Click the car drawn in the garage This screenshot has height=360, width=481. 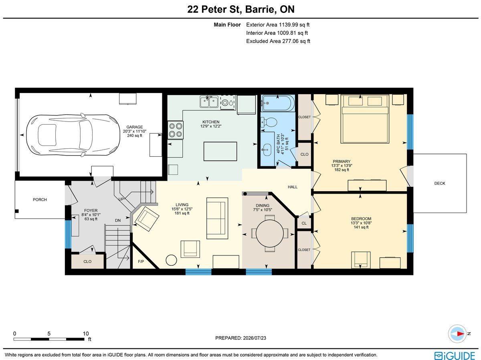[x=73, y=135]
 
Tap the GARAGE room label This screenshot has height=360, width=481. [x=135, y=127]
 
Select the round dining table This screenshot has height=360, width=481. [x=269, y=234]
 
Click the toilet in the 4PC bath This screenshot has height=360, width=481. [x=269, y=122]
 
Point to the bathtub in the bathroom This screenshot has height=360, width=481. [x=278, y=103]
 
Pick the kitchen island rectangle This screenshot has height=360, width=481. [x=220, y=152]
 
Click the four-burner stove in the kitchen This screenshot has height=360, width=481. [x=176, y=130]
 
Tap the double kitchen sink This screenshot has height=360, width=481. [x=209, y=102]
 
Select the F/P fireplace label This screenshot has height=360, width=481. [x=141, y=261]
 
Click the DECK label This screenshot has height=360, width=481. [x=440, y=183]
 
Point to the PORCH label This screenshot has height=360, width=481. [x=40, y=200]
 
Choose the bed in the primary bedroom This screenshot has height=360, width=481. [x=365, y=119]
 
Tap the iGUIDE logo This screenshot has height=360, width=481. [x=455, y=356]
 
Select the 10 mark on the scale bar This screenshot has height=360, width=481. [x=86, y=334]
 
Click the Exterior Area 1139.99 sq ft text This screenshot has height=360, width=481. [x=278, y=25]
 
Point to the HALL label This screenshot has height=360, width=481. [x=293, y=187]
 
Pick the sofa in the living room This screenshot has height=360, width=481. [x=217, y=218]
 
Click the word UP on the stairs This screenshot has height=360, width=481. [x=121, y=199]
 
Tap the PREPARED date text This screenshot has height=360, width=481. [x=240, y=338]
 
